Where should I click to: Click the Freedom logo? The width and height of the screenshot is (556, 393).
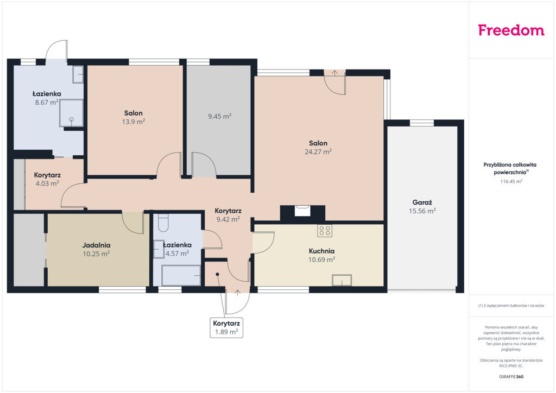tap(511, 30)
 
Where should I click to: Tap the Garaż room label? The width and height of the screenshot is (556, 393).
tap(422, 202)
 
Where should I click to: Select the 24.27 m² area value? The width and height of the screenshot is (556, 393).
tap(318, 151)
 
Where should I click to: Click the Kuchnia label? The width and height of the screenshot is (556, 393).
tap(321, 251)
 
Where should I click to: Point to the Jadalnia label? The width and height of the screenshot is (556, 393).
tap(96, 245)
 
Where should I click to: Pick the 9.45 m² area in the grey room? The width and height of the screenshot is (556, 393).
tap(219, 116)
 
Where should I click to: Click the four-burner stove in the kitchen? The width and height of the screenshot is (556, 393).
tap(325, 231)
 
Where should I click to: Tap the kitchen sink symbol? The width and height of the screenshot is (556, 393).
tap(342, 280)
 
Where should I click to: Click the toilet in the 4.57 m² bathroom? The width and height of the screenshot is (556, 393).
tap(163, 223)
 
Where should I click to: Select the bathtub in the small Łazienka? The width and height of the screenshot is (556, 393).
tap(181, 275)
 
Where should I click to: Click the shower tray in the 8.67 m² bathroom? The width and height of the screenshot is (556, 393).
tap(71, 113)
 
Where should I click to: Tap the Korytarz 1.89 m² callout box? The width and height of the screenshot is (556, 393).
tap(226, 328)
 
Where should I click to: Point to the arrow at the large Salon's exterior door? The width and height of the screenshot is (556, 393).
tap(334, 73)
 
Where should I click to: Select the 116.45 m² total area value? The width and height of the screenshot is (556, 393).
tap(511, 181)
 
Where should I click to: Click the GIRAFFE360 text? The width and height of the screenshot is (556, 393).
tap(511, 377)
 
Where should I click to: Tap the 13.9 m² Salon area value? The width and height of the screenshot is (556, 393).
tap(134, 122)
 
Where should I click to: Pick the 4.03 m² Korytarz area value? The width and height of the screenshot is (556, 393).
tap(47, 183)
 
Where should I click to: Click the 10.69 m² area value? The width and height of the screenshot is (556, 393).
tap(321, 260)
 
